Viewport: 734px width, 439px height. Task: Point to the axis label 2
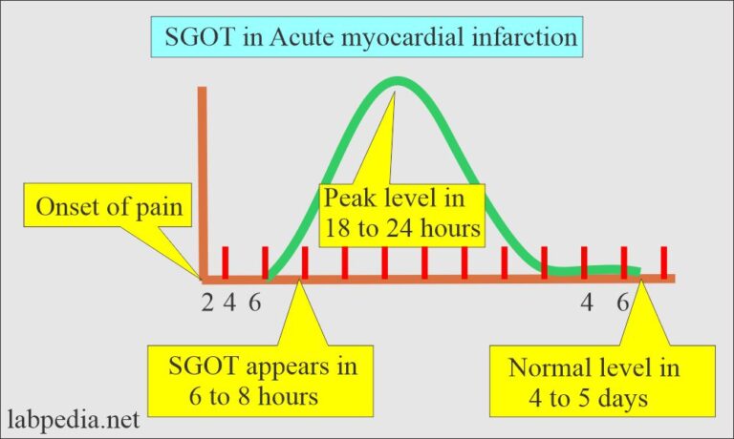207,303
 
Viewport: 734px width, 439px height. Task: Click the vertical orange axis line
202,181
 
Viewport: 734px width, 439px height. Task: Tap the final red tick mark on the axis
663,261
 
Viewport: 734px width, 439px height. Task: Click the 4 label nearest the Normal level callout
589,303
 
